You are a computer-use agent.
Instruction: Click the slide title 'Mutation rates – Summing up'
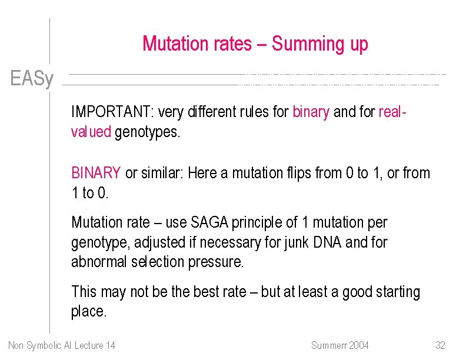255,44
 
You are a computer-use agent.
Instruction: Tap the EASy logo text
32,78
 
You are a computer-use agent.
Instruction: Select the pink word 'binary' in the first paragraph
310,112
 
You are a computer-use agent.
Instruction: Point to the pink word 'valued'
91,132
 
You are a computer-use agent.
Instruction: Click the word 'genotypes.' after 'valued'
148,132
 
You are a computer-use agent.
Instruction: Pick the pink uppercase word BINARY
96,174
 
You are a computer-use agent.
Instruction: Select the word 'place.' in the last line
89,312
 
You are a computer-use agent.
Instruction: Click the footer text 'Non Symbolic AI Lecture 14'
62,345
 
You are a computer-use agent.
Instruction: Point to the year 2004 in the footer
359,345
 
